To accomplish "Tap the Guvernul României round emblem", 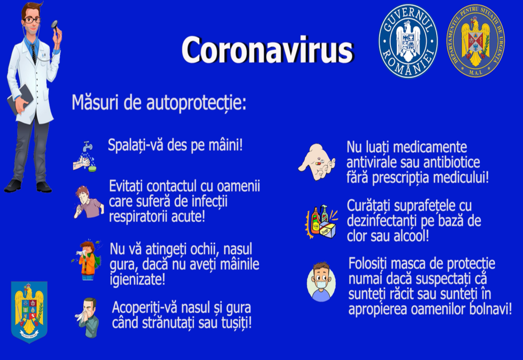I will [x=408, y=40].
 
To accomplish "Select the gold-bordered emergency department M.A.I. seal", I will [x=475, y=40].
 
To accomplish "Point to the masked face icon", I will [x=321, y=282].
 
